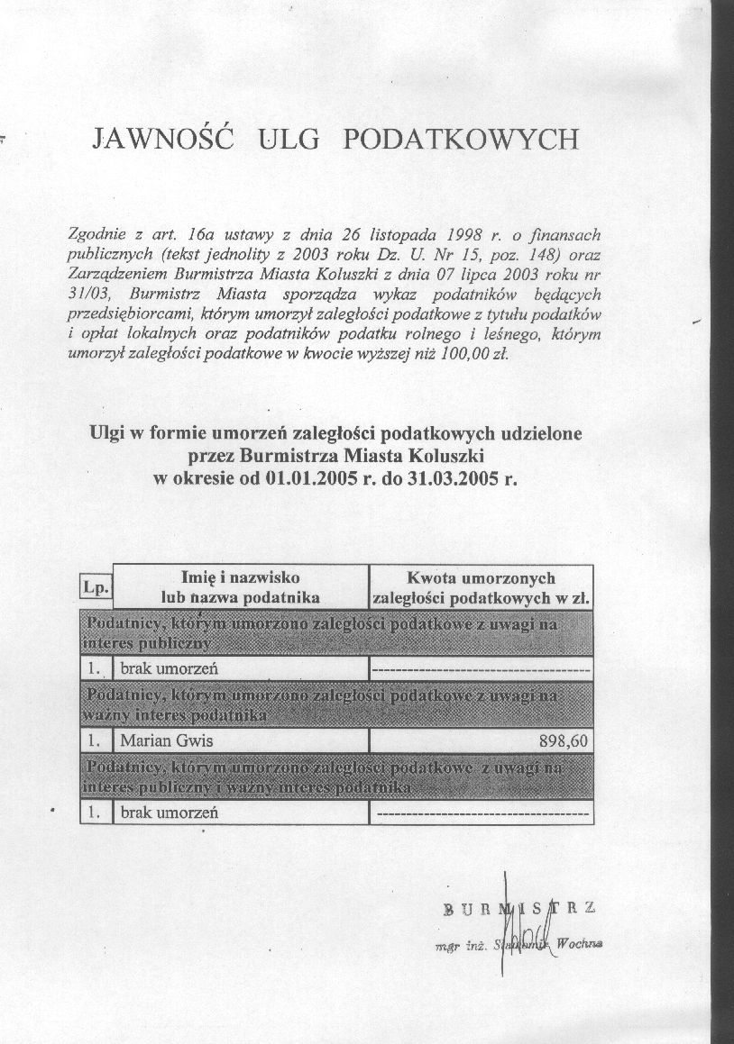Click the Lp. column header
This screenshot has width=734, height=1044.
tap(96, 587)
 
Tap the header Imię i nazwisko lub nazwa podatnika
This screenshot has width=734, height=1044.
tap(241, 586)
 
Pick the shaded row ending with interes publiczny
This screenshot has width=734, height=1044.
tap(335, 633)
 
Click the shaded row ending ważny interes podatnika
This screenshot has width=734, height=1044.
tap(335, 704)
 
